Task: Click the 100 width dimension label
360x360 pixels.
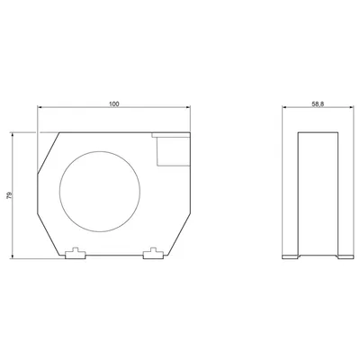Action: [114, 104]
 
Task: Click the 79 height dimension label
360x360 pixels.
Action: [9, 195]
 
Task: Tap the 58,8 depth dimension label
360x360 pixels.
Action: [318, 104]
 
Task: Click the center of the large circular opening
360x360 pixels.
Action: [100, 192]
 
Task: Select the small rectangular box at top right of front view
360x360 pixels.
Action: [174, 151]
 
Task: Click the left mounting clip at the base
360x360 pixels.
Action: [76, 254]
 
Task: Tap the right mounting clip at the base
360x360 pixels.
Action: [153, 254]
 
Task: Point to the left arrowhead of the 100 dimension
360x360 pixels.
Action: [40, 107]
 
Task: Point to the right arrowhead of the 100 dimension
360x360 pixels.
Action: [188, 107]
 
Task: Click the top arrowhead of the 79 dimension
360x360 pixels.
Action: [13, 135]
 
